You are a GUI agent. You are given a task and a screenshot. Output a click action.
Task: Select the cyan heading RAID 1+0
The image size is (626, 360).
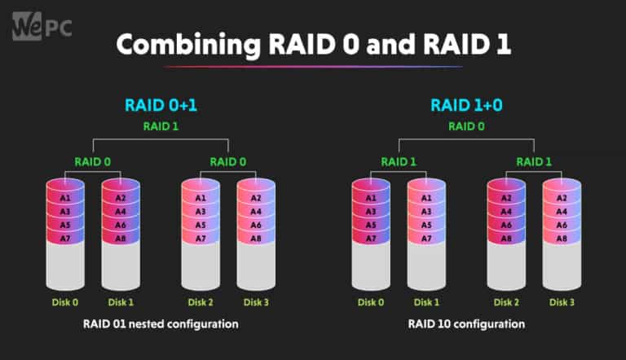click(465, 105)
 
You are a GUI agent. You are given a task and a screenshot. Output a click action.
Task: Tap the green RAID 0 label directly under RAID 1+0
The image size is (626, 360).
click(465, 126)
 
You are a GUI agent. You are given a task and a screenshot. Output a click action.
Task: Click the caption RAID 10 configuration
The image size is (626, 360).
click(465, 323)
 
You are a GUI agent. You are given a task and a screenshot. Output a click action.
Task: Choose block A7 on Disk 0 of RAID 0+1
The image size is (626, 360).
click(64, 237)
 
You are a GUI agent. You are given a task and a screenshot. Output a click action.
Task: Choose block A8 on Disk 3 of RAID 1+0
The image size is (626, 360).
click(561, 237)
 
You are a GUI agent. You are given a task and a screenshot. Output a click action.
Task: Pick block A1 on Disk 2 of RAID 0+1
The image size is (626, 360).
click(201, 198)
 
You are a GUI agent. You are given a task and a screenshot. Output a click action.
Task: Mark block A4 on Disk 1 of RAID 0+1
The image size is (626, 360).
click(121, 211)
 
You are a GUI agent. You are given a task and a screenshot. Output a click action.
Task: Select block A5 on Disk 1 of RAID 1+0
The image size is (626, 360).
click(426, 224)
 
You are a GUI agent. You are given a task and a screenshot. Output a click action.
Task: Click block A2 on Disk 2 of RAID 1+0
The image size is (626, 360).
click(505, 198)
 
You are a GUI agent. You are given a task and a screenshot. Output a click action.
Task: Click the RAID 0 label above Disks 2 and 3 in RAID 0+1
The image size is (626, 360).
click(228, 161)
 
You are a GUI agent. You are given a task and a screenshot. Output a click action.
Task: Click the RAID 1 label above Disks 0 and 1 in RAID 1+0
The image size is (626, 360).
click(398, 161)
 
